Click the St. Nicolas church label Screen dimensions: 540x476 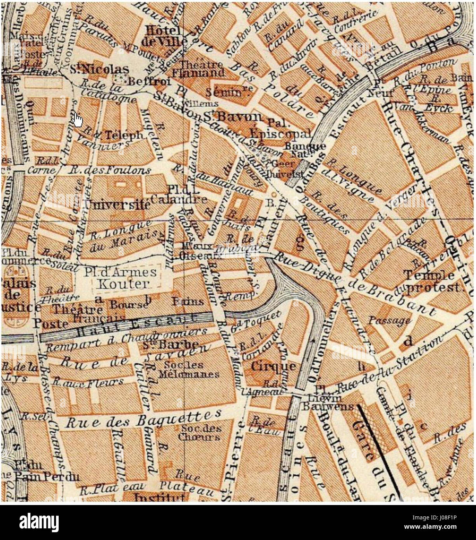coord(99,70)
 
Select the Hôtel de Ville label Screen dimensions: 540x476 coord(165,36)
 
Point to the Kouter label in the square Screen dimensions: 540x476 coord(123,284)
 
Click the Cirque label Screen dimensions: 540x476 coord(273,366)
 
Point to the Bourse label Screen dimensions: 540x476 coord(129,305)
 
